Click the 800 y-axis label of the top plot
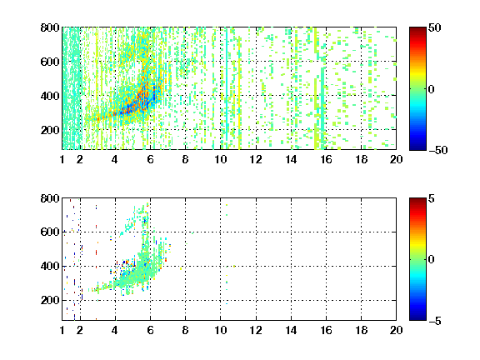tap(50, 27)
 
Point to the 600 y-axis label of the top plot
tap(50, 62)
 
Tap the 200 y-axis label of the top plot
tap(50, 130)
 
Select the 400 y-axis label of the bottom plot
tap(50, 266)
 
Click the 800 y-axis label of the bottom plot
tap(50, 198)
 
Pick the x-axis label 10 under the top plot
tap(220, 159)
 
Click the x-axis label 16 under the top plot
tap(326, 159)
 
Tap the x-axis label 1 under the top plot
tap(62, 159)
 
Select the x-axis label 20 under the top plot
tap(396, 159)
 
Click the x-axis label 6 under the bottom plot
tap(150, 330)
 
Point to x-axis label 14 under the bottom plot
tap(291, 330)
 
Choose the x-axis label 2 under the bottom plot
tap(80, 330)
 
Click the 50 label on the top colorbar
tap(434, 27)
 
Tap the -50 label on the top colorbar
tap(437, 150)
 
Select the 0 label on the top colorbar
tap(431, 89)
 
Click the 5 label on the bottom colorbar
tap(431, 198)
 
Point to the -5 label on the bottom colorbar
tap(434, 321)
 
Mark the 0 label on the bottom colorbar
tap(431, 260)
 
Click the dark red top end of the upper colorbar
tap(417, 29)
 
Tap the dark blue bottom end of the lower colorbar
tap(417, 318)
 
